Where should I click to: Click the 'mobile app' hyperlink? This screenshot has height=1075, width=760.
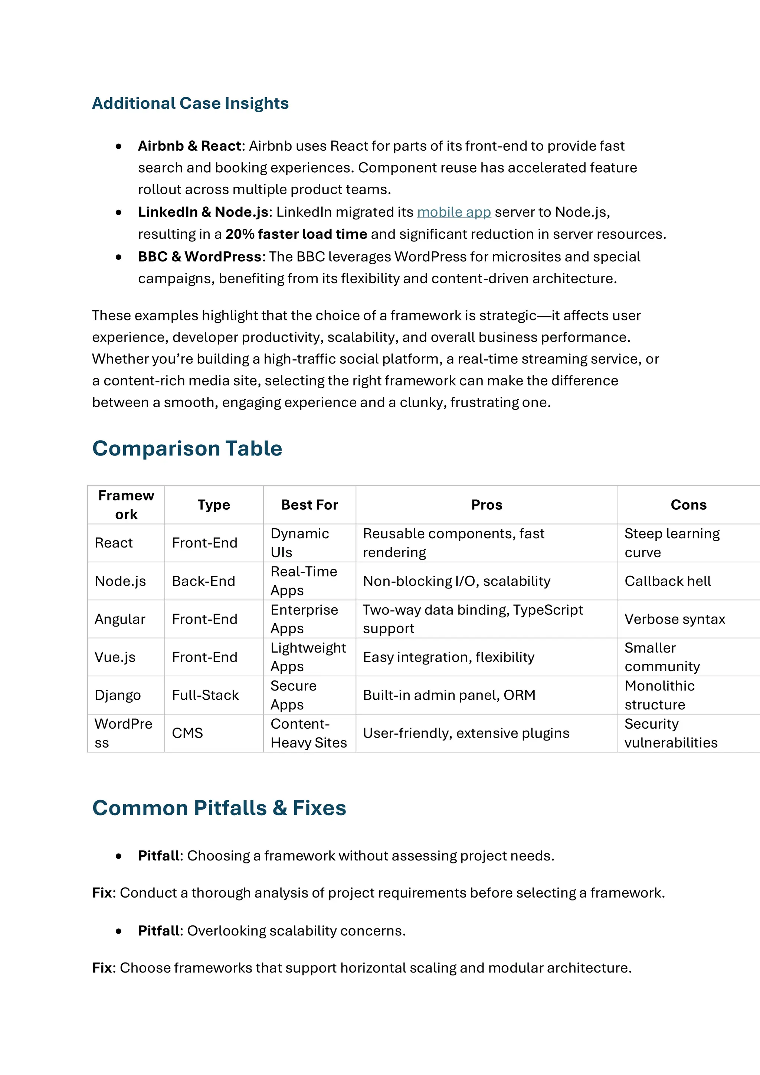pos(453,212)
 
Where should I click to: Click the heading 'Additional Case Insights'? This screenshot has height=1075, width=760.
pos(190,103)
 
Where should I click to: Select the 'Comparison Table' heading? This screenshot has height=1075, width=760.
pos(187,448)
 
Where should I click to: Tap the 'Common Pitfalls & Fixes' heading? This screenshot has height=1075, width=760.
pos(219,808)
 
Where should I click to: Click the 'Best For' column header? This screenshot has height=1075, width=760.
pos(309,505)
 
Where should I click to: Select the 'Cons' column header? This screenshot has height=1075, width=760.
pos(688,505)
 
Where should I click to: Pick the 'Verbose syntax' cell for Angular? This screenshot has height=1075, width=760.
pos(674,619)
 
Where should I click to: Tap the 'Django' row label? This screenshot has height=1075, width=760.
pos(118,695)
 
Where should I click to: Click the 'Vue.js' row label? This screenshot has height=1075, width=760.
pos(115,657)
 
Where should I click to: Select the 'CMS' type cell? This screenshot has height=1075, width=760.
pos(187,733)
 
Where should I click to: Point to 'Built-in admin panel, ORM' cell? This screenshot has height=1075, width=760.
pos(449,695)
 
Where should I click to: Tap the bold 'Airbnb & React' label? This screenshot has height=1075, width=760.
pos(189,146)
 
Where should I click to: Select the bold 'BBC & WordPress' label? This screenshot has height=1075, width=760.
pos(199,257)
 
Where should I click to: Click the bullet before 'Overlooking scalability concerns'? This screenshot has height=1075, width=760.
pos(118,931)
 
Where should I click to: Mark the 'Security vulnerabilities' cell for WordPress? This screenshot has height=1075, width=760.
pos(671,733)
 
